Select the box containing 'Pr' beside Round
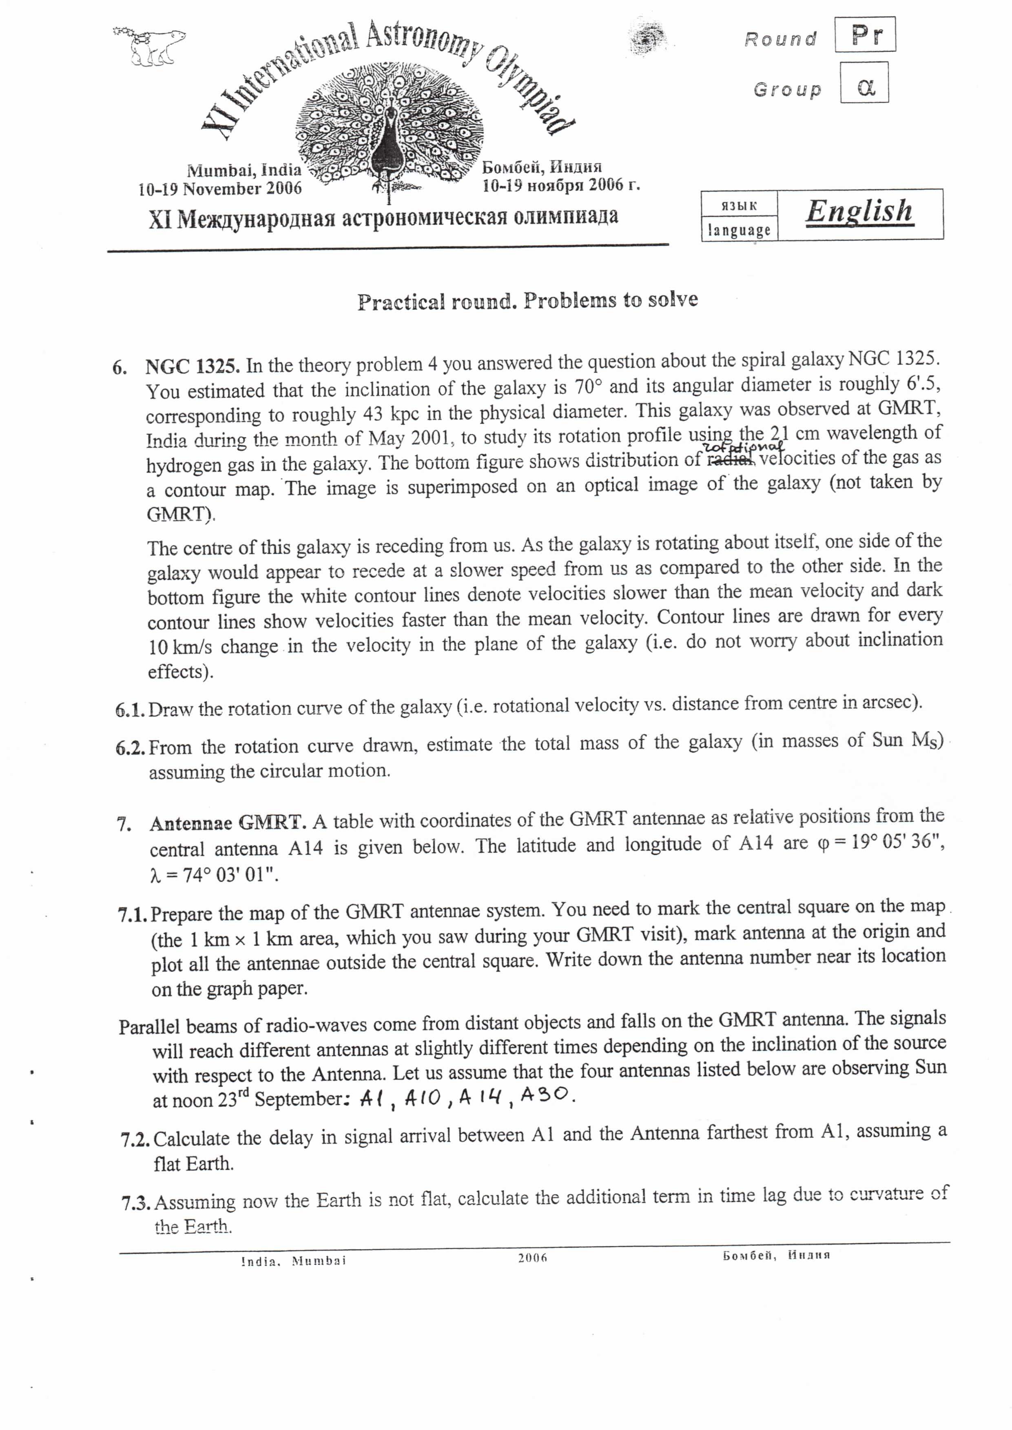(864, 35)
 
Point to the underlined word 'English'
(859, 212)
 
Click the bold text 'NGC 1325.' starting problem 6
(193, 366)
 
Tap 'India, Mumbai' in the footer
(294, 1261)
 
